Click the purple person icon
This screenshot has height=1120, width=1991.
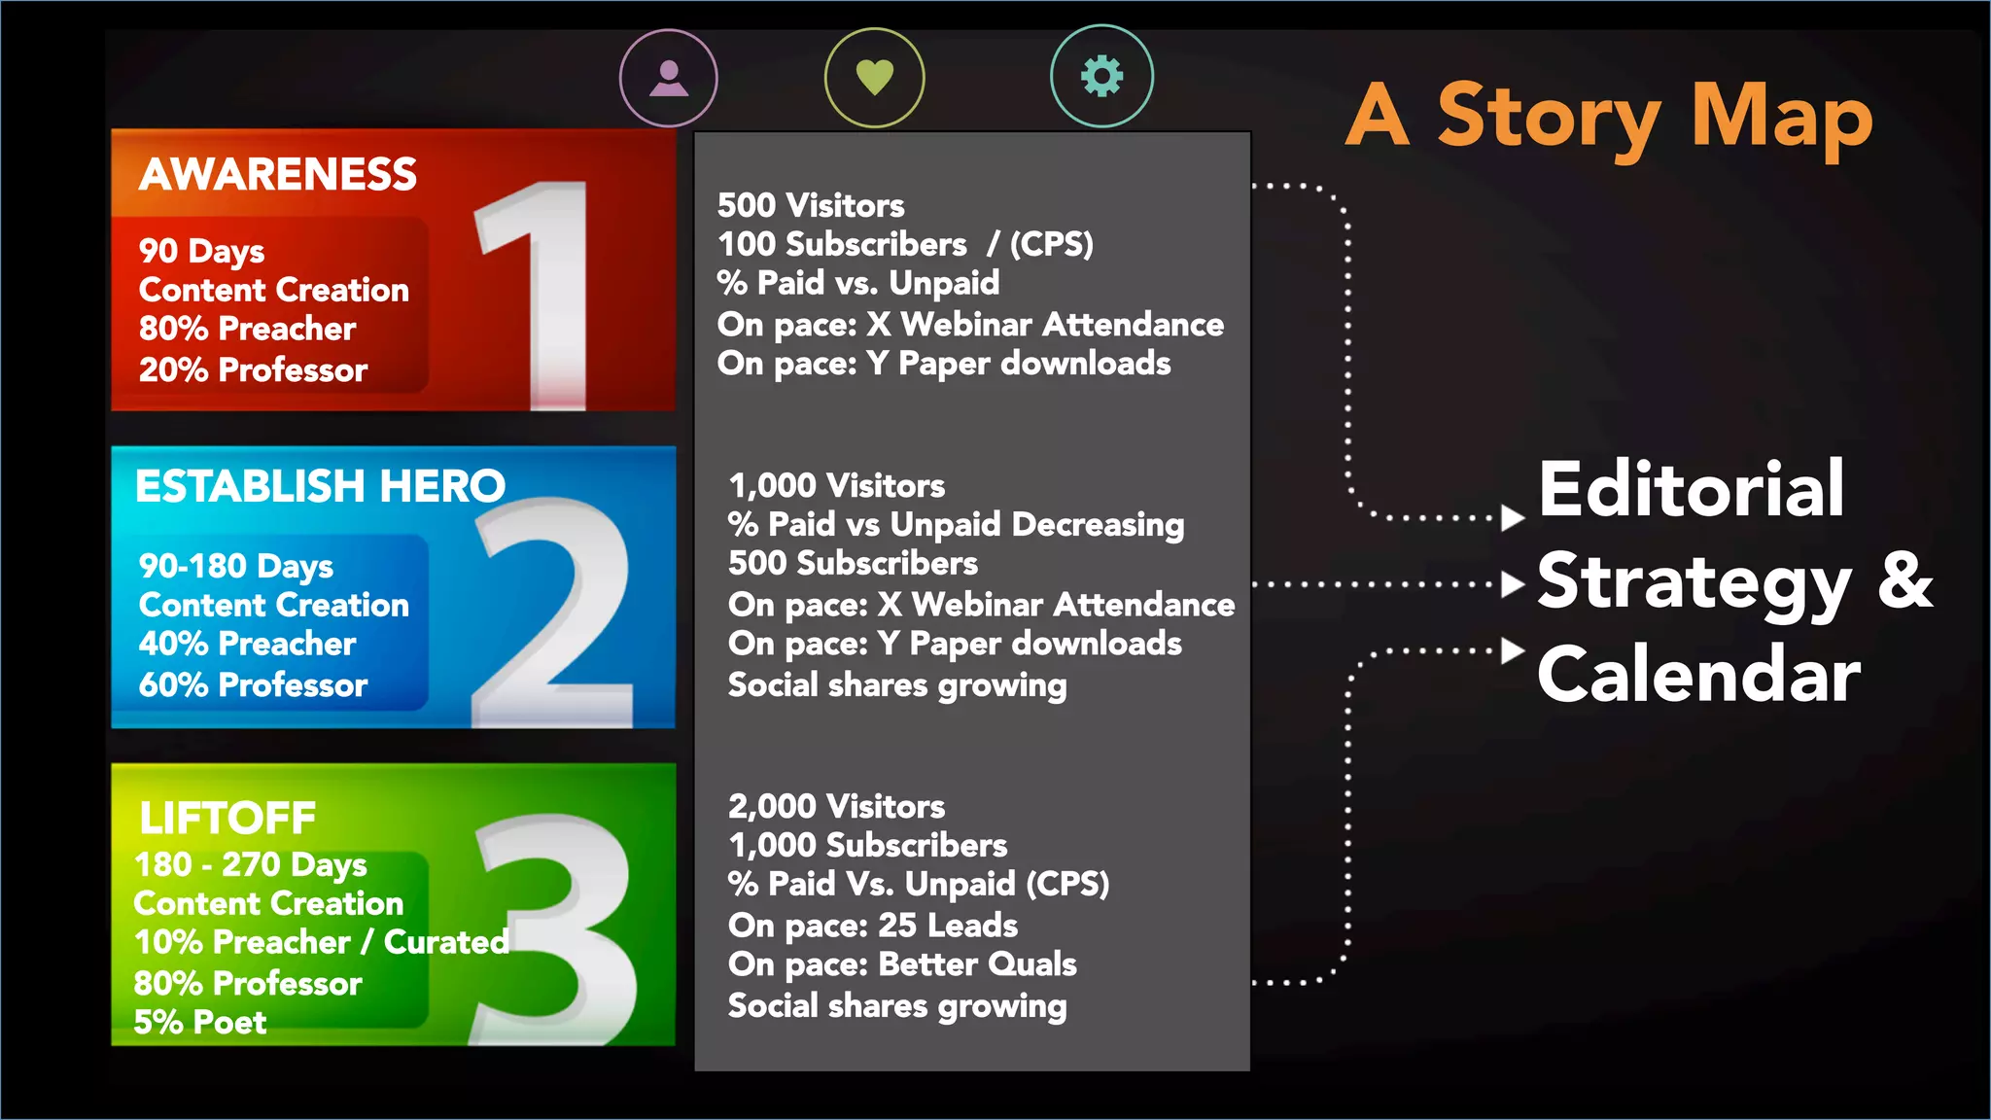[x=669, y=78]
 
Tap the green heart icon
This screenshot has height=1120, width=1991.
[x=874, y=78]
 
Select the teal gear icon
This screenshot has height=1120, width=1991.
[x=1101, y=76]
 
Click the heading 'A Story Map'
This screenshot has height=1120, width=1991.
[x=1609, y=117]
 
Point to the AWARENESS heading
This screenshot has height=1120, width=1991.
[x=278, y=175]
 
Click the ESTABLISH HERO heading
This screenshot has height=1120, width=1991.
[x=320, y=486]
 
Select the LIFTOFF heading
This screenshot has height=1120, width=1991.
[x=227, y=819]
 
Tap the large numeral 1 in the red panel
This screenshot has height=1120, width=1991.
[x=540, y=292]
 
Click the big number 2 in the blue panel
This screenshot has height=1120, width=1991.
[x=554, y=612]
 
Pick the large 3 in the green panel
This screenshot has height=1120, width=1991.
[x=559, y=928]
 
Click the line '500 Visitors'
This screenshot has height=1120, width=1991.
[x=811, y=205]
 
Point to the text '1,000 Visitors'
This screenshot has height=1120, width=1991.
[x=836, y=485]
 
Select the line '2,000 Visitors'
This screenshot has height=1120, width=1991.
[x=836, y=806]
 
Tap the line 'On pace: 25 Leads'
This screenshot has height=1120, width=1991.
[x=872, y=925]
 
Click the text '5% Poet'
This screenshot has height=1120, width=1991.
[x=200, y=1022]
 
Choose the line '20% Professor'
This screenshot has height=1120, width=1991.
[x=253, y=369]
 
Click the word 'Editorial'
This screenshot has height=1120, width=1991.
[x=1691, y=489]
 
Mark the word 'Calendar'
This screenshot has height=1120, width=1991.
[x=1698, y=675]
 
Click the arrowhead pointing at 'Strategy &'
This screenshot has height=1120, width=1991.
[x=1512, y=584]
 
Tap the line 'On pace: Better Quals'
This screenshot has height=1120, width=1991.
[x=902, y=963]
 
